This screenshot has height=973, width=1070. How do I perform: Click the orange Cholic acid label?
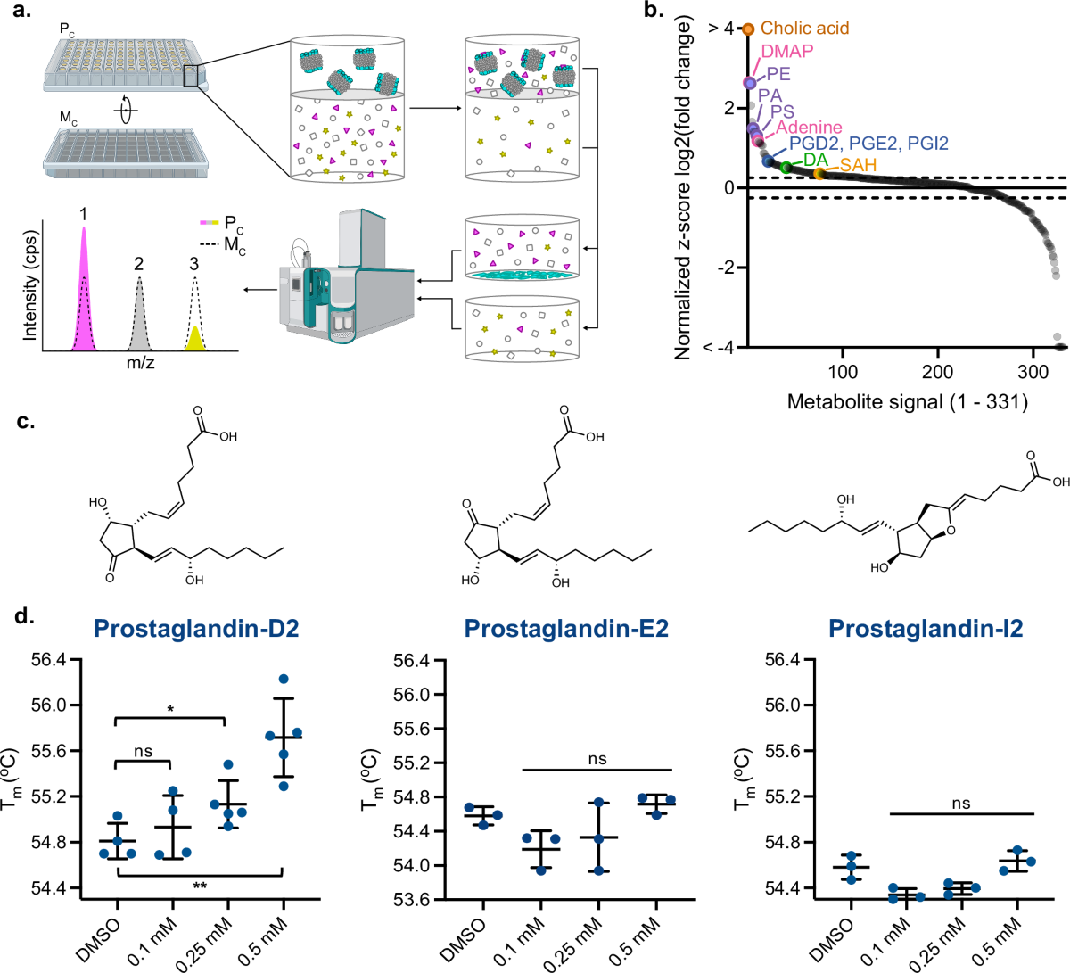click(x=804, y=29)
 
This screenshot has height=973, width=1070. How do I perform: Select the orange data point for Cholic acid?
click(x=749, y=29)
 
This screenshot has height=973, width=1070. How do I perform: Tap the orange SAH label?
click(x=858, y=165)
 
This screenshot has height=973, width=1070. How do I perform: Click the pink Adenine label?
click(x=809, y=128)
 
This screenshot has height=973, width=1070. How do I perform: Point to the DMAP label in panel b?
click(x=786, y=51)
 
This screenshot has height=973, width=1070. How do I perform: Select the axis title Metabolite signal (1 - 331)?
click(x=907, y=402)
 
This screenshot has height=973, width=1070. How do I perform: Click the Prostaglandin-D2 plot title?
click(x=196, y=629)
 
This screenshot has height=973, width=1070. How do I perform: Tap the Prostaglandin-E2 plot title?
click(x=566, y=629)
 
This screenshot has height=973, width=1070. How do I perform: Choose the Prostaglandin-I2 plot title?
click(x=925, y=629)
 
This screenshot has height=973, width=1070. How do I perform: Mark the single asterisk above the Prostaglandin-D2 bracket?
click(x=170, y=710)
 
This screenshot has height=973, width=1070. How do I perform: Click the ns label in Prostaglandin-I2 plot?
click(x=960, y=804)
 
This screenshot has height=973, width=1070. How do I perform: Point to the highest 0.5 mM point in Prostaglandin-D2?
click(x=284, y=680)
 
